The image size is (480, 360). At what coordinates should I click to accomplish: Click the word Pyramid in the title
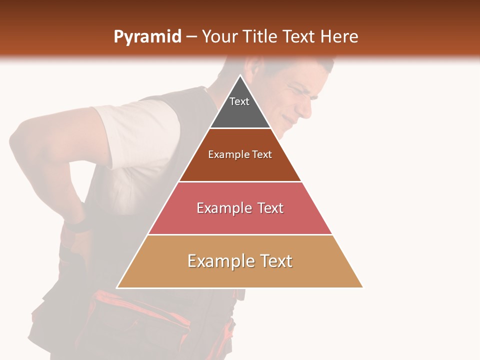pos(147,37)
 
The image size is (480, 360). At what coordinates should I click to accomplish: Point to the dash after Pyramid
pos(191,37)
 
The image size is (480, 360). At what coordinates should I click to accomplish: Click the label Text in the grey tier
pos(239,101)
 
